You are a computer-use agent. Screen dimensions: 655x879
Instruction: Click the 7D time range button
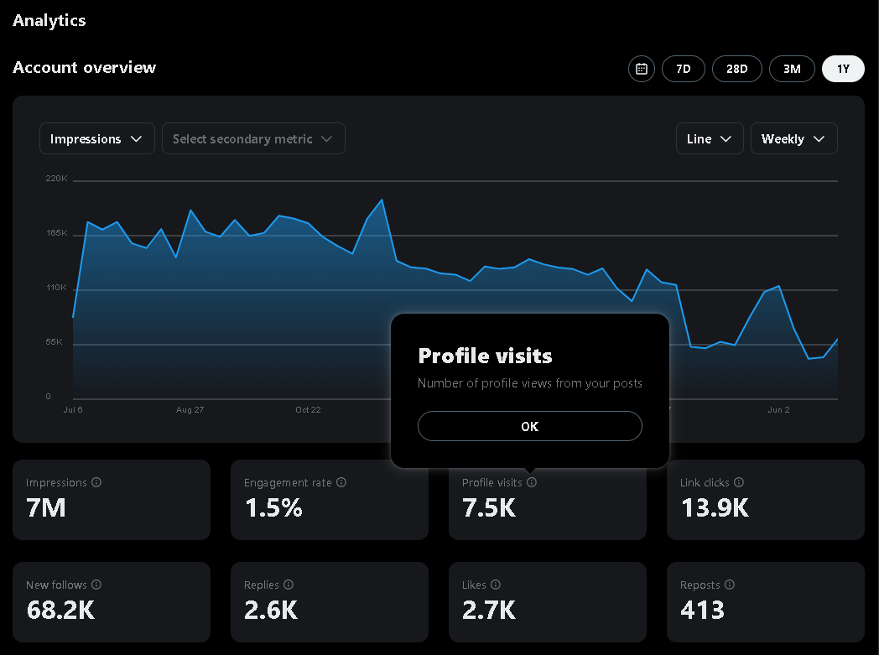(x=683, y=69)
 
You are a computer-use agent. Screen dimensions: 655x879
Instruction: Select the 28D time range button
(x=736, y=69)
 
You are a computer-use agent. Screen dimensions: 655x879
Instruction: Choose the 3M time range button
(x=792, y=69)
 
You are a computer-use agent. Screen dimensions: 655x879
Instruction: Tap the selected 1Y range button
(x=843, y=69)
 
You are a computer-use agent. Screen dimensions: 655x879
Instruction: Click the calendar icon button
(x=642, y=69)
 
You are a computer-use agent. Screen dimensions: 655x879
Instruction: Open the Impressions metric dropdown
(x=96, y=139)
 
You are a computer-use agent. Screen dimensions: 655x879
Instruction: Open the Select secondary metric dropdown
(x=252, y=139)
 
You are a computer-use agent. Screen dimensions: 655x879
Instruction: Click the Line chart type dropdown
(x=709, y=139)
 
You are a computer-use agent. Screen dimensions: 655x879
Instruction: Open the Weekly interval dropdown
(x=793, y=139)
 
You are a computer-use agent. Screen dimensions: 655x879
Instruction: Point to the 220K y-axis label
(x=57, y=179)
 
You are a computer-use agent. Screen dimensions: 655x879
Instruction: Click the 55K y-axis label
(x=54, y=342)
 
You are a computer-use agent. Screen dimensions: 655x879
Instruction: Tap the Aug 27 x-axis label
(x=190, y=410)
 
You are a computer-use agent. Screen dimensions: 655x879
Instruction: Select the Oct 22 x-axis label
(x=308, y=410)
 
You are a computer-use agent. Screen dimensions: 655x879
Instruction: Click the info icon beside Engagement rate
(x=341, y=482)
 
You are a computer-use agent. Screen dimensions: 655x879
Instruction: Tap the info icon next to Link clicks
(x=739, y=482)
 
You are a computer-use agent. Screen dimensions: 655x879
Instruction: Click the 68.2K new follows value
(x=60, y=610)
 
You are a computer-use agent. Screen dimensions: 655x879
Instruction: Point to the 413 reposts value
(x=702, y=610)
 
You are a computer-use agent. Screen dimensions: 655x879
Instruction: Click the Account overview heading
(x=85, y=68)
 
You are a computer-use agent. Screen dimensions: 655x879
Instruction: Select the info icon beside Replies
(x=289, y=585)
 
